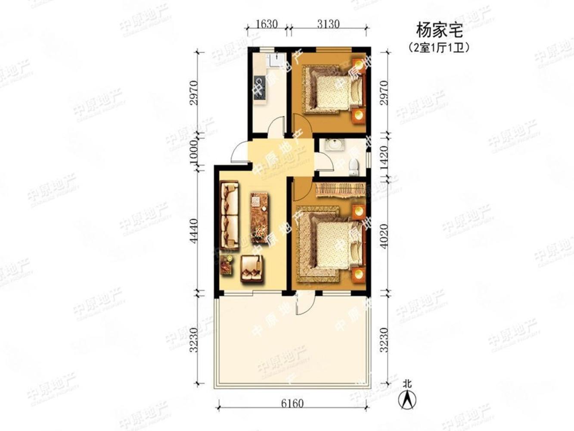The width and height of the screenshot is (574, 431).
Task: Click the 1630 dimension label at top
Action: pyautogui.click(x=267, y=24)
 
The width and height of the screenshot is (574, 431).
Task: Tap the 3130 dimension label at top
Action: pyautogui.click(x=328, y=24)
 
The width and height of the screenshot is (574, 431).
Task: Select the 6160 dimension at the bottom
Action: pyautogui.click(x=292, y=404)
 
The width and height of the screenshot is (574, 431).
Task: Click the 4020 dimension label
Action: pyautogui.click(x=385, y=235)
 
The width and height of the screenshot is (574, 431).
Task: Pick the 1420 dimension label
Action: pyautogui.click(x=385, y=157)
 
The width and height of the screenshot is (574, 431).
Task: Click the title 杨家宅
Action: pyautogui.click(x=439, y=31)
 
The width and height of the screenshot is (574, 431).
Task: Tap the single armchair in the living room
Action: pyautogui.click(x=251, y=268)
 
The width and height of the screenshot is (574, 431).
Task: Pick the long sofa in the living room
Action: pyautogui.click(x=229, y=215)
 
